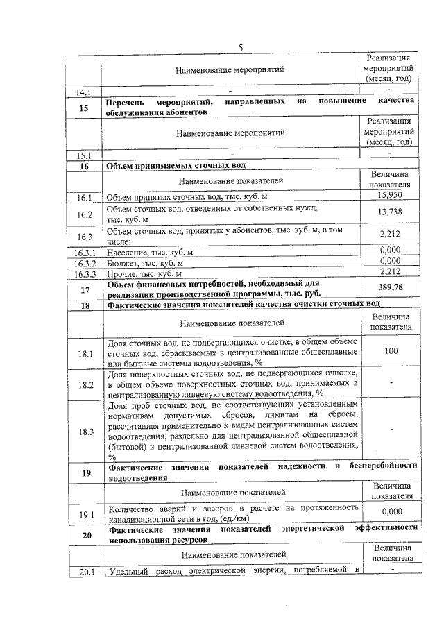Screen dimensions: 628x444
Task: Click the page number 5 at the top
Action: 240,47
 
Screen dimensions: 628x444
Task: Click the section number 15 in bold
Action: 84,108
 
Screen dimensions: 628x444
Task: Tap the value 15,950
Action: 391,198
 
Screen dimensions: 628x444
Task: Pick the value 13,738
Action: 391,212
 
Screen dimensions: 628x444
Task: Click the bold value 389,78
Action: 391,287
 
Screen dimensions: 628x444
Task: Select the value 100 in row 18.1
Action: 391,351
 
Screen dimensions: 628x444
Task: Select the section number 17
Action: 85,289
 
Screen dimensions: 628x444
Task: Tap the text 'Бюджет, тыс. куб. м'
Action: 146,263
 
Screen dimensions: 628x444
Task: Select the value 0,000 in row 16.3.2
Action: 391,261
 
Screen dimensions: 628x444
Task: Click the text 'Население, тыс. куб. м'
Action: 151,253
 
